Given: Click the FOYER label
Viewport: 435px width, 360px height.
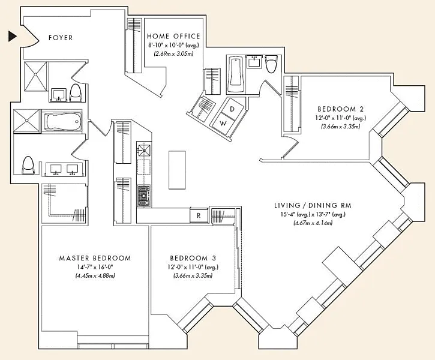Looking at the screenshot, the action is click(61, 38).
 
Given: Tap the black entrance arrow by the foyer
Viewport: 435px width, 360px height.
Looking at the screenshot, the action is click(13, 37).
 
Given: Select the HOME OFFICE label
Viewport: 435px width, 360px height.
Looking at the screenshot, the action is click(173, 36).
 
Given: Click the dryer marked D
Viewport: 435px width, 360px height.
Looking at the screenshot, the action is click(232, 109).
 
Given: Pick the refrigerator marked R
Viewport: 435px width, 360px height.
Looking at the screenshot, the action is click(199, 215).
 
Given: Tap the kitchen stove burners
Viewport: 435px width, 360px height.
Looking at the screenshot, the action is click(144, 196).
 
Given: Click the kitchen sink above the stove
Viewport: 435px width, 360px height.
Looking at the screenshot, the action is click(144, 150).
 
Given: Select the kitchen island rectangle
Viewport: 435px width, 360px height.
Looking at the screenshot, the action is click(177, 170).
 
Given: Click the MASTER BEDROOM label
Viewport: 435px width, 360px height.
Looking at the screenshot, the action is click(95, 258).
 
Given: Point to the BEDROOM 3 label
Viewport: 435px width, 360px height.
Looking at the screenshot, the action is click(193, 258).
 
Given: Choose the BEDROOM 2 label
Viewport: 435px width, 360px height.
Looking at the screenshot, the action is click(340, 109).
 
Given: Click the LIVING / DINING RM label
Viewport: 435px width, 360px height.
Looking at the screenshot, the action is click(313, 206).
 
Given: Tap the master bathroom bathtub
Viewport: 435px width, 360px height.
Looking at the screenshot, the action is click(62, 121).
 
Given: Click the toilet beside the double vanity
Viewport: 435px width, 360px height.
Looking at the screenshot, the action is click(28, 166).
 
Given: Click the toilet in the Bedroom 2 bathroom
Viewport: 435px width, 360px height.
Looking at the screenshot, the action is click(272, 64).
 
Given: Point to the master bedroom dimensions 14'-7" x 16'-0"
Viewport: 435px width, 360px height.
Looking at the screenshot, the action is click(95, 267).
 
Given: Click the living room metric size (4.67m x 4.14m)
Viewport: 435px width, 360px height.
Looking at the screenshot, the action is click(313, 223).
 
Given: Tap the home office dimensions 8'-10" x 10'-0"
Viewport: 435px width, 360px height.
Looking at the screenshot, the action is click(173, 45).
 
